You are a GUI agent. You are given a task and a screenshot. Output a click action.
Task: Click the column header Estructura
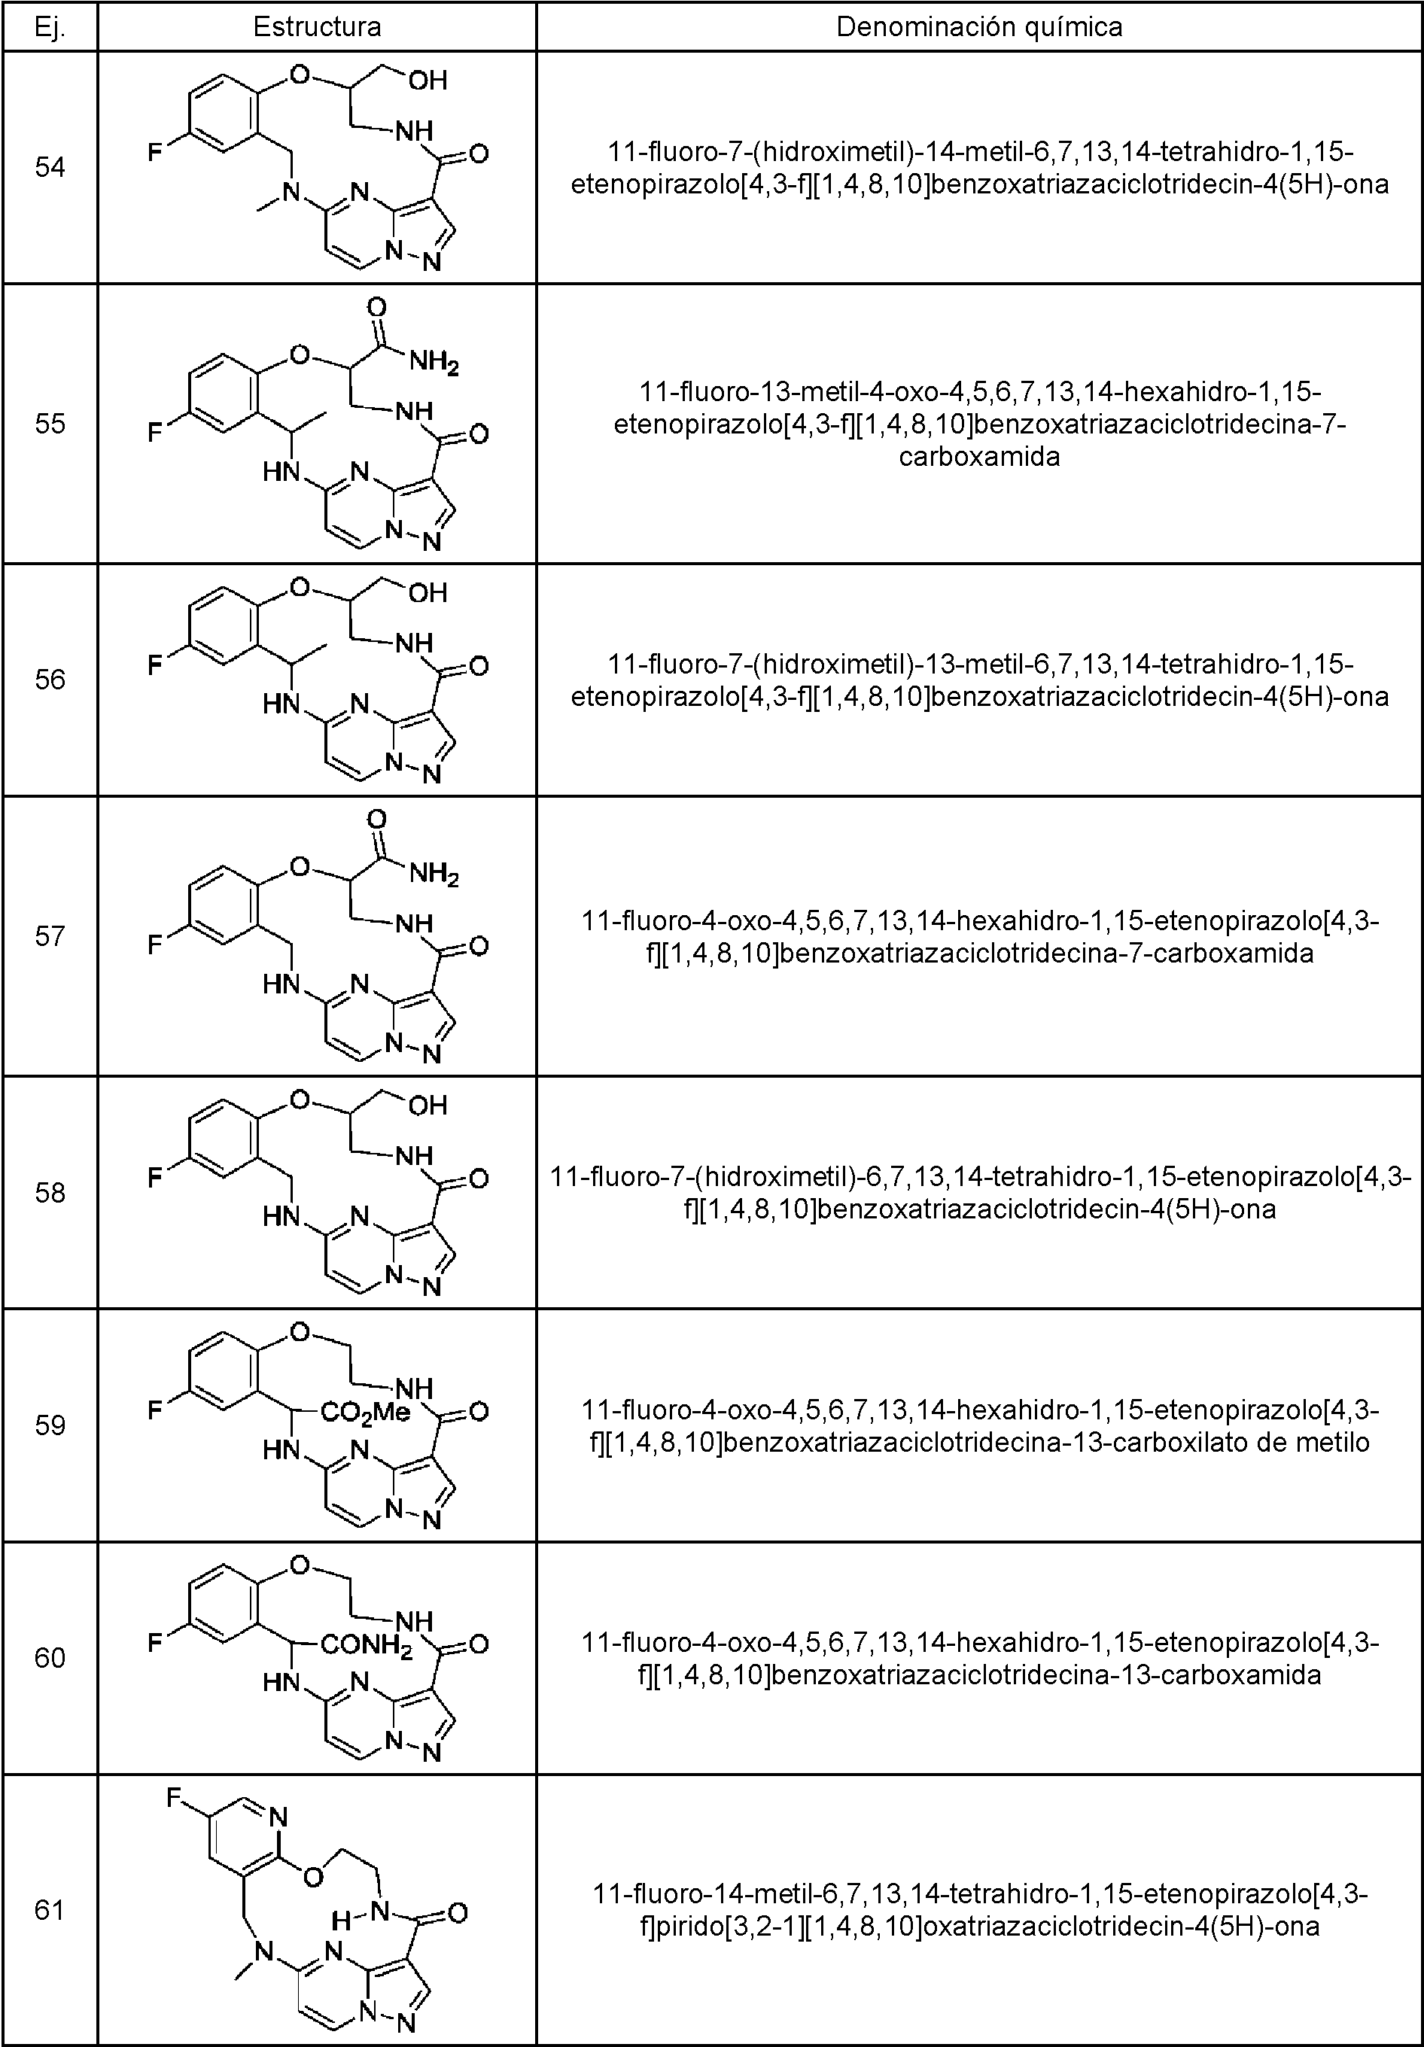(x=317, y=27)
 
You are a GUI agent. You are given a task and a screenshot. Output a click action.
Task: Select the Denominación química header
(x=978, y=27)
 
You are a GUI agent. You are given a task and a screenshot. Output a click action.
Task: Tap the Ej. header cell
(x=50, y=27)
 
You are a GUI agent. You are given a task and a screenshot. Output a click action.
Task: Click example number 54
(x=50, y=167)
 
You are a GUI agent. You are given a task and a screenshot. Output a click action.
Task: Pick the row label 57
(x=50, y=935)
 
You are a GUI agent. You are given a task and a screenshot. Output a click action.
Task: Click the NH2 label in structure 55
(x=434, y=363)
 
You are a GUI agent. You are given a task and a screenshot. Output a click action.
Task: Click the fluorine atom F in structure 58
(x=155, y=1179)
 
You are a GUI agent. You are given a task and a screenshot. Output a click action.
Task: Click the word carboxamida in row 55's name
(x=979, y=458)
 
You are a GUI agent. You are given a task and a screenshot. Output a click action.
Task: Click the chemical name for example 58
(x=980, y=1193)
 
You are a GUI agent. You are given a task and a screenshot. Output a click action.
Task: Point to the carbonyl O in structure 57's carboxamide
(x=376, y=820)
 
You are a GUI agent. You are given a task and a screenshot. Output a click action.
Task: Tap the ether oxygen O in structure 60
(x=300, y=1565)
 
